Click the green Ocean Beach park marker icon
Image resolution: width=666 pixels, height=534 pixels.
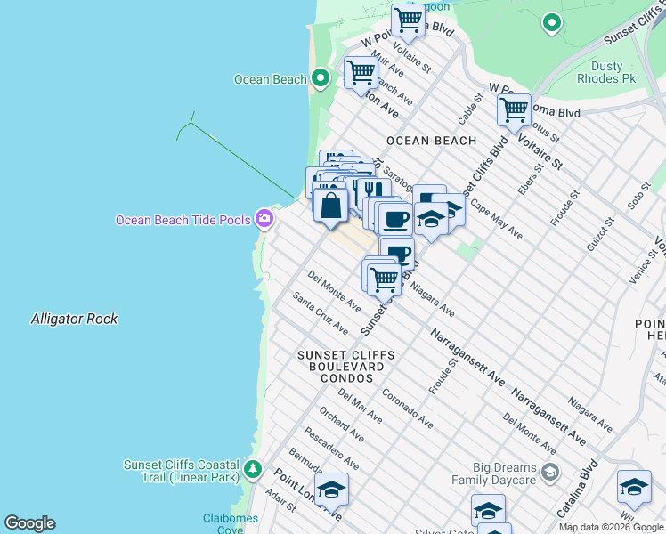[x=321, y=79]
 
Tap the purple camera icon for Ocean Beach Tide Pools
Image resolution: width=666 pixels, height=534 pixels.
[x=264, y=218]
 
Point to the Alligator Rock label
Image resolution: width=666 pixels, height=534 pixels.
[x=74, y=319]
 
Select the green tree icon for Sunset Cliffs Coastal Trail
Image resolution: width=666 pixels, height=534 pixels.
[x=254, y=468]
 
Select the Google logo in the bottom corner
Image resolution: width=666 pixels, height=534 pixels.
[x=29, y=523]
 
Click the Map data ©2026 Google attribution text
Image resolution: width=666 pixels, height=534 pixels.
[x=611, y=527]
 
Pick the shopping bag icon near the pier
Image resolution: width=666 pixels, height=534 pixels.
[x=330, y=206]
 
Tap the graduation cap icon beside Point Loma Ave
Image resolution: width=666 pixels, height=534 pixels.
[x=331, y=490]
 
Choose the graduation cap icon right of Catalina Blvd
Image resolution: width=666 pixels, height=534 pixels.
[x=633, y=487]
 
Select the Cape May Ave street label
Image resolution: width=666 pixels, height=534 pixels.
[x=496, y=219]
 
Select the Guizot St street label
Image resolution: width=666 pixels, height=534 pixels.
[x=600, y=234]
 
